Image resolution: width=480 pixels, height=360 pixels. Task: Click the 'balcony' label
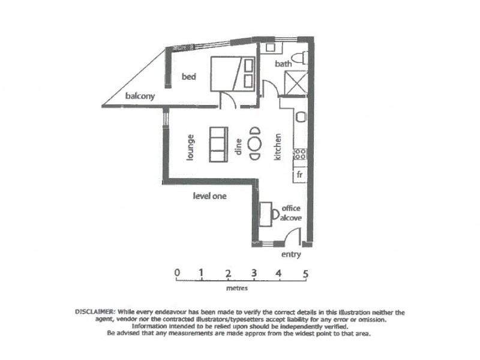[x=140, y=96]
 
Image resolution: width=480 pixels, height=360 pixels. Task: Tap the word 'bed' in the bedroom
[x=189, y=77]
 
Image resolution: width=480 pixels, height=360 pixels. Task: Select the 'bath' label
[x=283, y=64]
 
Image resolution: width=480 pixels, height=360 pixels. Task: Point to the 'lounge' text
[x=190, y=146]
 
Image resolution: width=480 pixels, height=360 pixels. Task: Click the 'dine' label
[x=238, y=146]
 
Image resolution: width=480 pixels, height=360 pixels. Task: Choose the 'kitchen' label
[x=278, y=146]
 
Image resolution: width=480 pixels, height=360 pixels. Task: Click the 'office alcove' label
[x=291, y=213]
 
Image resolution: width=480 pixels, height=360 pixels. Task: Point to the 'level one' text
[x=209, y=196]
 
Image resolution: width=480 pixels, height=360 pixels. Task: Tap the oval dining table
[x=255, y=143]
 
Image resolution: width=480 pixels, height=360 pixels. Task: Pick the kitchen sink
[x=301, y=116]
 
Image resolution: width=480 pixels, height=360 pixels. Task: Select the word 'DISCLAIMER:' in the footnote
[x=95, y=312]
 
